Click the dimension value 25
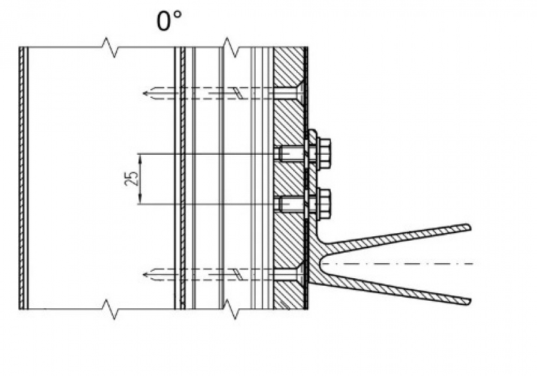131,179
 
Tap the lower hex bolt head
324,204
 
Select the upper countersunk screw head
300,93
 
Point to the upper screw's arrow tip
145,93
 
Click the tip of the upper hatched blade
469,226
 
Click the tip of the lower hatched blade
469,302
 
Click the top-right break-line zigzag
230,47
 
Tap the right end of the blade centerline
471,264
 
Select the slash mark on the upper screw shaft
239,93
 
